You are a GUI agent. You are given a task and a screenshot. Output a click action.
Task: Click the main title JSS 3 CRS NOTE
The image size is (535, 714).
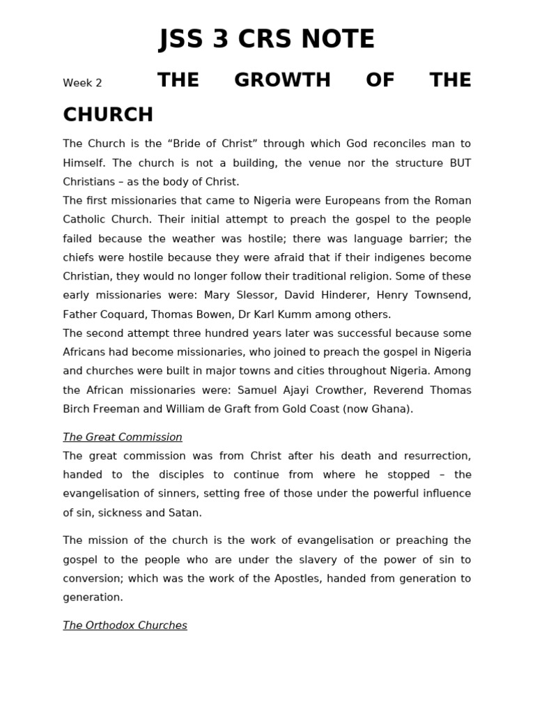click(267, 40)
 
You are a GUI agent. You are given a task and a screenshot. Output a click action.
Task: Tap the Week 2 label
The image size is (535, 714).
click(82, 83)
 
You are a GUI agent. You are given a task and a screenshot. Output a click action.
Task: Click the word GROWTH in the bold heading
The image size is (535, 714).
click(282, 80)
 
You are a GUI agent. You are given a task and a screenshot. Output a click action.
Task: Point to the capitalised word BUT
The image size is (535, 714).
click(459, 162)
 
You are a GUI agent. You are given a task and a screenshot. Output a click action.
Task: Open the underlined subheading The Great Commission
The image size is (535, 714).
click(123, 437)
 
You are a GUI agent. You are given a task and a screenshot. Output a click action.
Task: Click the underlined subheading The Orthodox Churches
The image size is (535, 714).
click(125, 625)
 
